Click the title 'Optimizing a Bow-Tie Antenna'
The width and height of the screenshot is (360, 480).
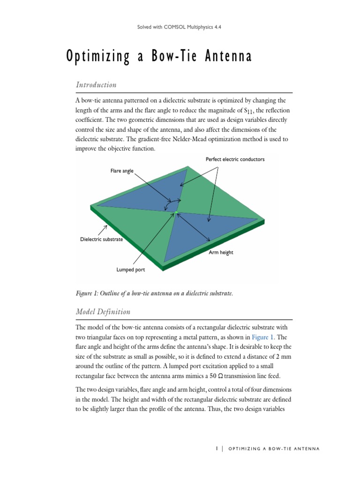point(159,57)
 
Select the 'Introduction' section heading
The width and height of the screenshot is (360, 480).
point(96,85)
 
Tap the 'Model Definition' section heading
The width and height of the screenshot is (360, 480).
point(103,312)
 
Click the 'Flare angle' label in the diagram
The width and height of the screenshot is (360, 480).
point(122,171)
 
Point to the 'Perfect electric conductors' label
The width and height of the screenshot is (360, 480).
point(235,159)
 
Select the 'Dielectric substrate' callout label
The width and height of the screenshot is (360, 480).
point(101,240)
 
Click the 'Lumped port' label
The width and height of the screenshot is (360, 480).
point(130,270)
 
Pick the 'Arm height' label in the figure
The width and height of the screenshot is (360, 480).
point(220,252)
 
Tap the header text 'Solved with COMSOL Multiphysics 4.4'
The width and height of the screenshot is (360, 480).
point(180,27)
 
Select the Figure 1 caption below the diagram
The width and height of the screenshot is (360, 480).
point(154,293)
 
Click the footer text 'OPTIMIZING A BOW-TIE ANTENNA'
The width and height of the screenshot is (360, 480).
point(274,449)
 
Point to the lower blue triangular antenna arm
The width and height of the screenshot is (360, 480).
point(197,234)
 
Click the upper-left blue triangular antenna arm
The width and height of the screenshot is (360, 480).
point(150,192)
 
